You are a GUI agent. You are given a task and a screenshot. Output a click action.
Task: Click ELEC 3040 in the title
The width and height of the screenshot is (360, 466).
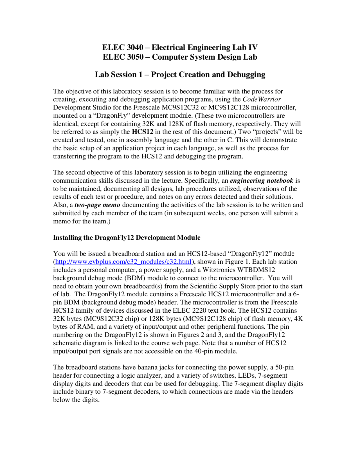click(123, 47)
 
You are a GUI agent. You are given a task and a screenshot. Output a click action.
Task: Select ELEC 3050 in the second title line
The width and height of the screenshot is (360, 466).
click(123, 57)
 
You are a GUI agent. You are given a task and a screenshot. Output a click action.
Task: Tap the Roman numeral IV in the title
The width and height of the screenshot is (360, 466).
click(253, 47)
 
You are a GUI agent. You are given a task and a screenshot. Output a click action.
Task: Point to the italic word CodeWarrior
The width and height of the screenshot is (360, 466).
click(262, 99)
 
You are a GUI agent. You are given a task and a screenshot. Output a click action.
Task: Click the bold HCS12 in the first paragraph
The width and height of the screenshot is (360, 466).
click(142, 132)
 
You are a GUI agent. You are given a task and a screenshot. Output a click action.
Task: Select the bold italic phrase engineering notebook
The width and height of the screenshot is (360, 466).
click(261, 181)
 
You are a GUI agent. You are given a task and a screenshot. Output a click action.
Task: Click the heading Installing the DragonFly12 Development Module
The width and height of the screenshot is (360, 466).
click(127, 238)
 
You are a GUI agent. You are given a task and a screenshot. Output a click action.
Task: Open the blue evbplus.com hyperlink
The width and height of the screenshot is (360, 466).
click(123, 262)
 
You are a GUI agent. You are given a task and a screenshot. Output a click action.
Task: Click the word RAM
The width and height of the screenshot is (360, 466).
click(84, 327)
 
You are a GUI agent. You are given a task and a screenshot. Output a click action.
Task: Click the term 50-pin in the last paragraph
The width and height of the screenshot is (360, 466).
click(284, 368)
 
